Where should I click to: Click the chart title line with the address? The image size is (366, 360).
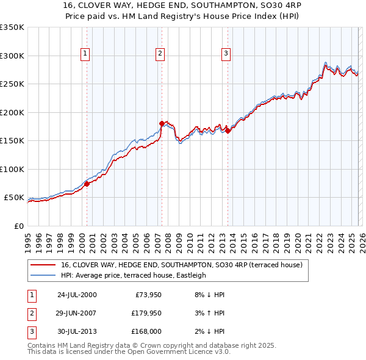[182, 5]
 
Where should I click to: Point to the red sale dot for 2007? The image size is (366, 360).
[162, 123]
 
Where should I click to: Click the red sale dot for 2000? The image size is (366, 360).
[87, 183]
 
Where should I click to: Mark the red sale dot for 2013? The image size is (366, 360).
[228, 130]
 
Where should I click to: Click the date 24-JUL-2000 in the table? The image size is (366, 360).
[76, 295]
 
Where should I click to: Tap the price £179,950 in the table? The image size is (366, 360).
[145, 313]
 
